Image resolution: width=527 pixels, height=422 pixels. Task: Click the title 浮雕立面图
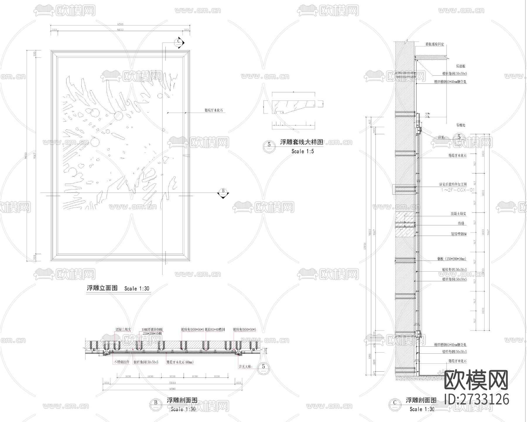pyautogui.click(x=102, y=288)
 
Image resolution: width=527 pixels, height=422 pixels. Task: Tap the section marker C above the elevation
pyautogui.click(x=179, y=42)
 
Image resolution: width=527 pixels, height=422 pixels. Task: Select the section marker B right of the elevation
pyautogui.click(x=223, y=191)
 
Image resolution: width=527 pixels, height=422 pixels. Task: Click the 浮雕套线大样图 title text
pyautogui.click(x=302, y=142)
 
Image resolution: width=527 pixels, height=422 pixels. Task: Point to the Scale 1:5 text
pyautogui.click(x=302, y=151)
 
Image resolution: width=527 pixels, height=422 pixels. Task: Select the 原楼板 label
pyautogui.click(x=461, y=66)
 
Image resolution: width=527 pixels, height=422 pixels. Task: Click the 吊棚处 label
pyautogui.click(x=461, y=125)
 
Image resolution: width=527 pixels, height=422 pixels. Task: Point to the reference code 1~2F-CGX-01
pyautogui.click(x=458, y=190)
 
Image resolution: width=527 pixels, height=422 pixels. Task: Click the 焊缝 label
pyautogui.click(x=461, y=223)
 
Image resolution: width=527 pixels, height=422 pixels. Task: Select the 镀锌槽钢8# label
pyautogui.click(x=459, y=234)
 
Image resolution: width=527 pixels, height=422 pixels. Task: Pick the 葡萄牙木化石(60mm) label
pyautogui.click(x=180, y=362)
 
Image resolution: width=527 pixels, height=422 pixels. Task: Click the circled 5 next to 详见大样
pyautogui.click(x=263, y=367)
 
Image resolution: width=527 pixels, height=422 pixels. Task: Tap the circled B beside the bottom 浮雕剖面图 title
pyautogui.click(x=155, y=403)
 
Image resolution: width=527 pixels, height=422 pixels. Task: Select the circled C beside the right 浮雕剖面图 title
pyautogui.click(x=395, y=403)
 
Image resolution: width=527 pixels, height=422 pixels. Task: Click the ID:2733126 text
pyautogui.click(x=477, y=399)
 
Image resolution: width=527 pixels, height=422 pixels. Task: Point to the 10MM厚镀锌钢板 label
pyautogui.click(x=152, y=329)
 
